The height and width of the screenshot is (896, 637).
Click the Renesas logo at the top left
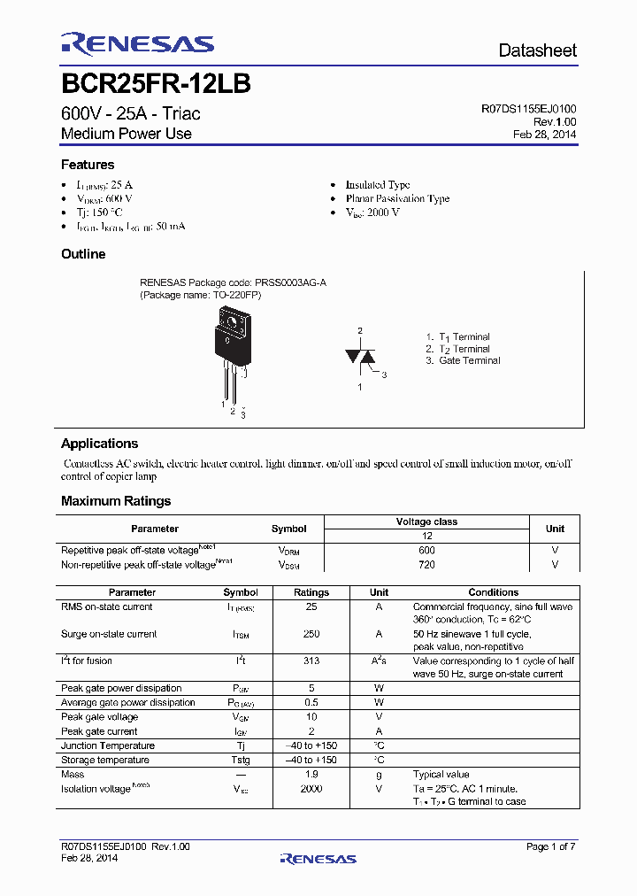137,44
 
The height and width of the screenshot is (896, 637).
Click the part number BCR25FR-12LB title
156,84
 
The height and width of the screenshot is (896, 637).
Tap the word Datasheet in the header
537,50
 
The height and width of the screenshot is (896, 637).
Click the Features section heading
88,165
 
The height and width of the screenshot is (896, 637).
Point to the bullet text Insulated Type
378,185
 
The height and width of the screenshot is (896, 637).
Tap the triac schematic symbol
360,357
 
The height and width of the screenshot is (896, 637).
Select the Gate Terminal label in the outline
469,360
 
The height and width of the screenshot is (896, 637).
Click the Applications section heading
99,444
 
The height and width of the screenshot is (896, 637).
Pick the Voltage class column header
426,521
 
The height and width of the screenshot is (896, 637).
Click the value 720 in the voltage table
426,564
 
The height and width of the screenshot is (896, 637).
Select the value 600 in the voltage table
426,550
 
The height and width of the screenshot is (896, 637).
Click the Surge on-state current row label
109,634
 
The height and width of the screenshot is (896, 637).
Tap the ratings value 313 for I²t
311,660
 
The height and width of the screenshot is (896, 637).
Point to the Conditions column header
493,592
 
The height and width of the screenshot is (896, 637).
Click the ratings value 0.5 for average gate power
311,702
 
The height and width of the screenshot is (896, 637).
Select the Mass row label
73,774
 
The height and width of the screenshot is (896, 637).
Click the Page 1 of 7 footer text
550,846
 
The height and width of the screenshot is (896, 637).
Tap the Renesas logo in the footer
318,858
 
